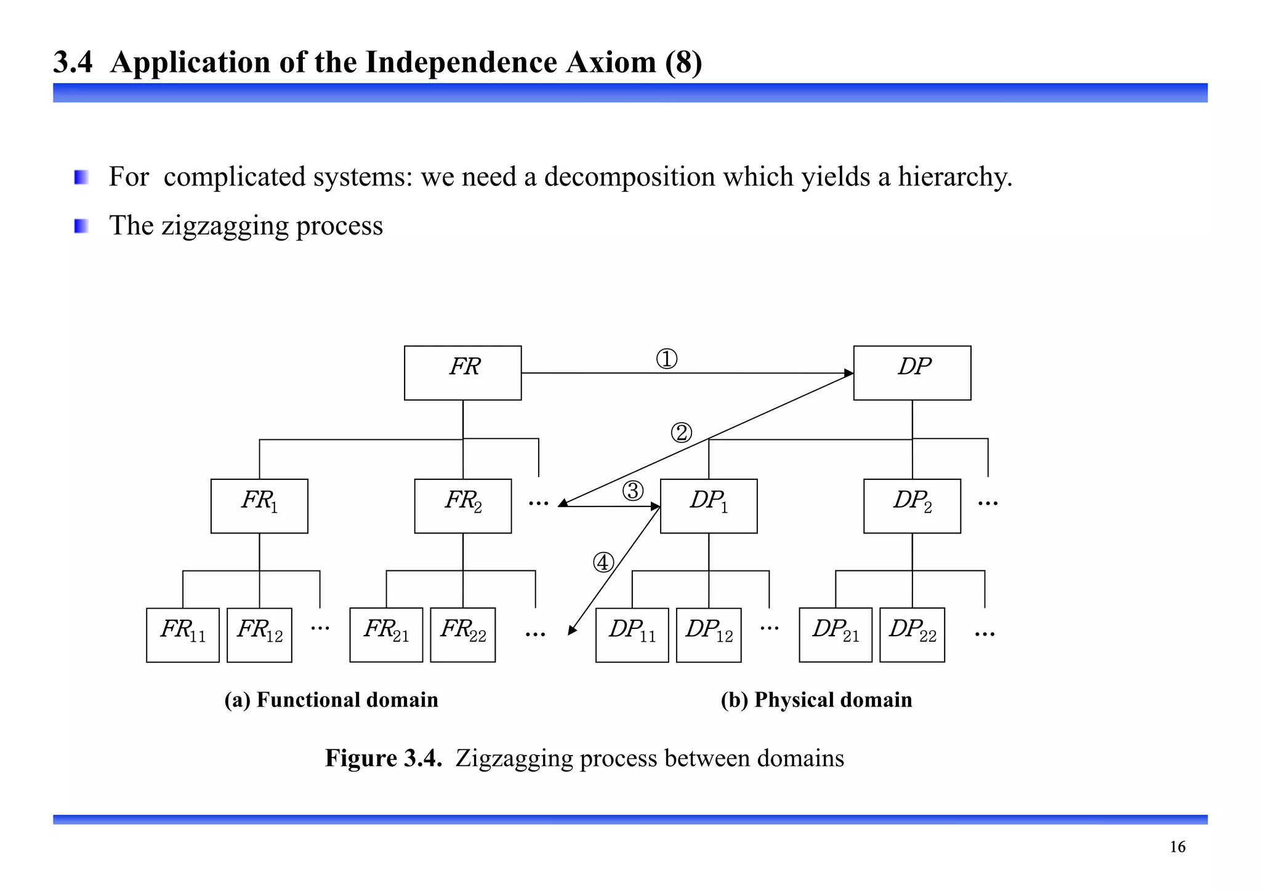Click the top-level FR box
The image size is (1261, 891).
click(x=462, y=373)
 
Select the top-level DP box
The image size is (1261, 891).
click(x=912, y=373)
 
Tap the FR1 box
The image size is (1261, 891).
click(x=259, y=506)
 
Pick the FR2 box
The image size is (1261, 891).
click(x=462, y=506)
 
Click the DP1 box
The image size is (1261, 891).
click(x=709, y=506)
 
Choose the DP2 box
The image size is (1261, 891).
click(x=912, y=506)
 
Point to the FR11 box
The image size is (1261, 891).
click(x=183, y=635)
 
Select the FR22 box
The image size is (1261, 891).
click(x=462, y=635)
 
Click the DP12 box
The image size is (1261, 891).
click(x=709, y=635)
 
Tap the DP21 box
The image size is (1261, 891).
click(x=836, y=635)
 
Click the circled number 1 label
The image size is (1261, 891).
click(x=667, y=359)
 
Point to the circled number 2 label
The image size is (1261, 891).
click(x=681, y=433)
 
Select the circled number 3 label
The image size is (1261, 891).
click(x=633, y=491)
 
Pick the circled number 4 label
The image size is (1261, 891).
click(x=603, y=562)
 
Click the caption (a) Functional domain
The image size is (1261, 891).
click(x=331, y=700)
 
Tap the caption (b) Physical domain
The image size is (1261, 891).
click(x=816, y=700)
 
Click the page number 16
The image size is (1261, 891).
click(x=1177, y=847)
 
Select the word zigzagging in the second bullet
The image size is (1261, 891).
click(x=225, y=226)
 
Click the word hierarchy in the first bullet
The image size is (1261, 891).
click(x=954, y=177)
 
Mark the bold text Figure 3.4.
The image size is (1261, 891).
click(x=384, y=758)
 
